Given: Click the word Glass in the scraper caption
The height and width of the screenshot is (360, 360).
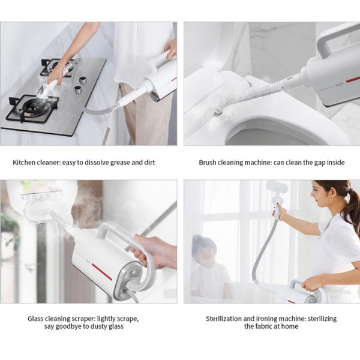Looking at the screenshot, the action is tap(35, 319).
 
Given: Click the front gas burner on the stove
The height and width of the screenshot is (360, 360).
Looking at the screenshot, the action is tap(33, 107).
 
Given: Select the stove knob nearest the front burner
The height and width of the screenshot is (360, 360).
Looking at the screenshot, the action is tap(78, 90).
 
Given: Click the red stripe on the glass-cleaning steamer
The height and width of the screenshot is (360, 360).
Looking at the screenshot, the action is tap(102, 272).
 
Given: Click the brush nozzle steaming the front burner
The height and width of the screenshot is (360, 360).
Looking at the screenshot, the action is tap(47, 91).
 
